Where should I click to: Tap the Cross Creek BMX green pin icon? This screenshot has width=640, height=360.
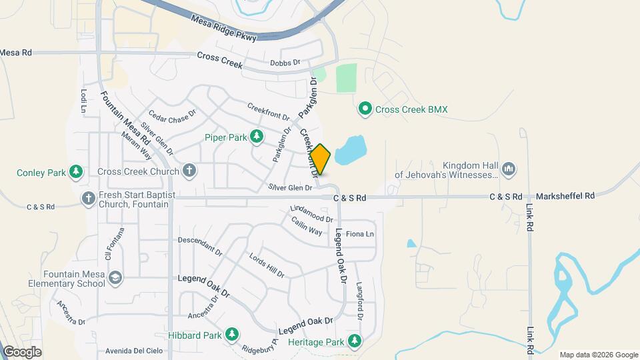(x=365, y=109)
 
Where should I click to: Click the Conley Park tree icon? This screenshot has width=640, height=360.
(x=76, y=173)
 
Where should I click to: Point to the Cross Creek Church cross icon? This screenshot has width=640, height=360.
(x=189, y=171)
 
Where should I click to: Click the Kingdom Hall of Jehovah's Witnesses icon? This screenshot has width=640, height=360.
(x=508, y=169)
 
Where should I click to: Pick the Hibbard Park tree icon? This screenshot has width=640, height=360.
(x=231, y=334)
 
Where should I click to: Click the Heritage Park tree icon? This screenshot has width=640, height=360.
(x=355, y=342)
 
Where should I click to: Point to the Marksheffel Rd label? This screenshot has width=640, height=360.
(x=567, y=196)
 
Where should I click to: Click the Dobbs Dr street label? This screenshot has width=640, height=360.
(x=287, y=63)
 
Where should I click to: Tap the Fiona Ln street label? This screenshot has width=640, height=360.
(x=360, y=234)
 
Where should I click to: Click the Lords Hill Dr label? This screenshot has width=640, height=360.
(x=267, y=265)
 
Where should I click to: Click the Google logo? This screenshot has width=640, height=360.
(x=22, y=351)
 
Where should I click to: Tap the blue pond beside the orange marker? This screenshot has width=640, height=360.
(x=351, y=149)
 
